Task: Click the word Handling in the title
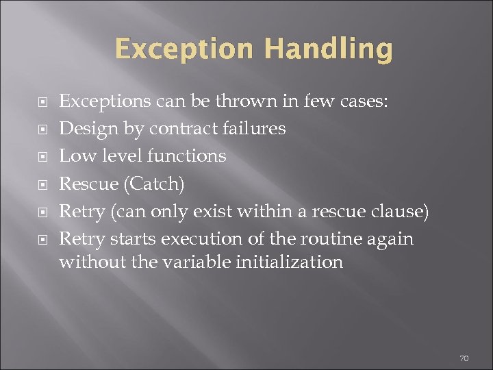[x=328, y=49]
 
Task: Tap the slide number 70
[x=464, y=358]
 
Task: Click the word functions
[x=187, y=156]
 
